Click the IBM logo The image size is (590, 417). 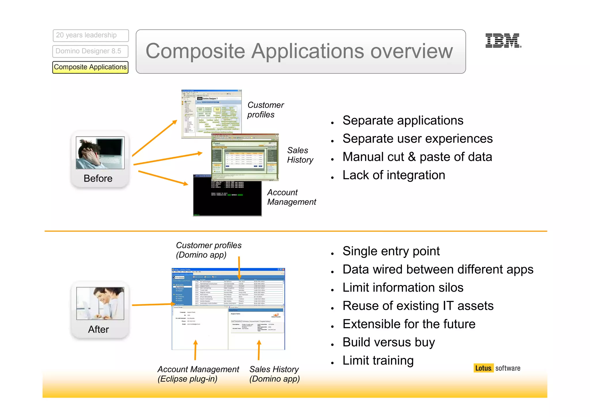tap(503, 41)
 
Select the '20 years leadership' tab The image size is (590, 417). tap(90, 35)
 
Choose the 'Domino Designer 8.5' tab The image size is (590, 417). tap(90, 51)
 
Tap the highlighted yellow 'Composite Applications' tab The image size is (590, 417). tap(90, 67)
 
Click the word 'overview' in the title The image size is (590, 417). tap(411, 51)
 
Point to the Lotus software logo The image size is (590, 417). tap(497, 368)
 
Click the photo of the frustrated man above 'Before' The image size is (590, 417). tap(100, 153)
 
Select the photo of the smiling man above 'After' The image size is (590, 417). tap(100, 303)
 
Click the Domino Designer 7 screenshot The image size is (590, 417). tap(211, 114)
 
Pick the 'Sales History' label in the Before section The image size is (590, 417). tap(300, 155)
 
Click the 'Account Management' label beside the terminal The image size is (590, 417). tap(291, 197)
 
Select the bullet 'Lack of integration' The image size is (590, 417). tap(394, 175)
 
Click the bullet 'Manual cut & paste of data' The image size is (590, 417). tap(417, 157)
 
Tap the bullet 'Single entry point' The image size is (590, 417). tap(391, 251)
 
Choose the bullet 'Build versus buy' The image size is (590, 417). tap(388, 342)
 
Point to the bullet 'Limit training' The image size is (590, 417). tap(378, 361)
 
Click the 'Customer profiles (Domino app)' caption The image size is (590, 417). tap(208, 250)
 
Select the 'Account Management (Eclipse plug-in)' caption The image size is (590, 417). tap(198, 374)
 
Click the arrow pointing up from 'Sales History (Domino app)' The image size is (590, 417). tap(259, 350)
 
